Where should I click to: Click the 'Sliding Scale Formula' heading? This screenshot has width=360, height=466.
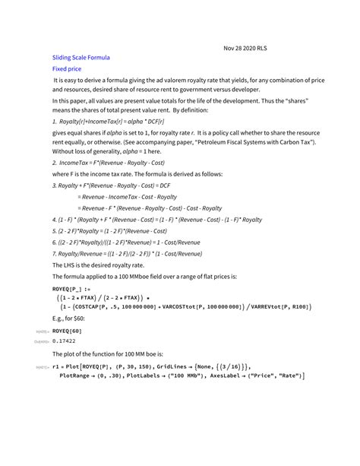[81, 57]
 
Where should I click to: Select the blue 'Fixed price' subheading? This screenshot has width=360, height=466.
[66, 68]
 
